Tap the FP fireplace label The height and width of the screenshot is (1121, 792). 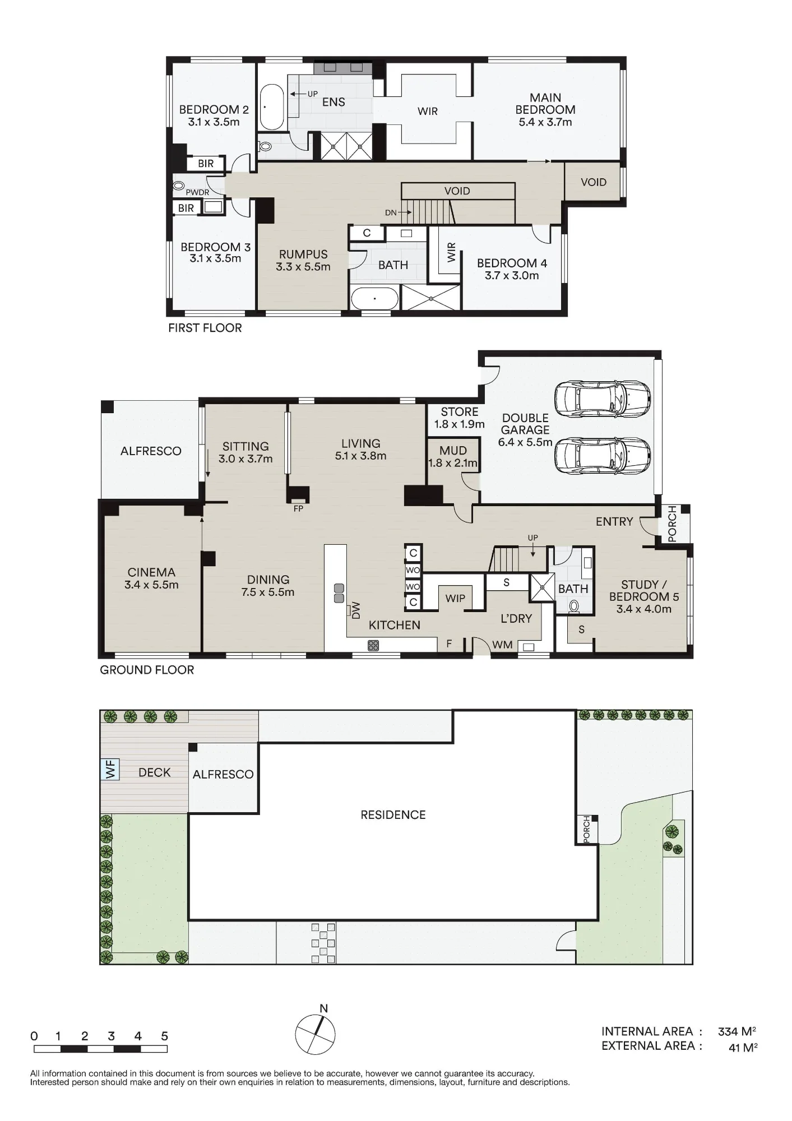298,509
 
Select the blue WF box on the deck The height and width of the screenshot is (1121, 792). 110,768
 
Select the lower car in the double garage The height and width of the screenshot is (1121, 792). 603,456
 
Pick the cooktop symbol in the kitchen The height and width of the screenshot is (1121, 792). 373,645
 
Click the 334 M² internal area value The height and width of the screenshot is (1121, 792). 737,1031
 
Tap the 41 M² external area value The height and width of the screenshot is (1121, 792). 743,1047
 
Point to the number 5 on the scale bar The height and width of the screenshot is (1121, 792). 165,1036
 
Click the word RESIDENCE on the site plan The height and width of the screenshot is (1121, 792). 393,815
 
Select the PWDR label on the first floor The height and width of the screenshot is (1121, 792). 197,192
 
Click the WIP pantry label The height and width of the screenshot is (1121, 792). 455,599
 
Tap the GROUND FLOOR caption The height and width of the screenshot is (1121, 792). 147,670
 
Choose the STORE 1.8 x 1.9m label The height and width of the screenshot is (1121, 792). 460,418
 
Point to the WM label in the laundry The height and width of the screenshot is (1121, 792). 502,645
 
